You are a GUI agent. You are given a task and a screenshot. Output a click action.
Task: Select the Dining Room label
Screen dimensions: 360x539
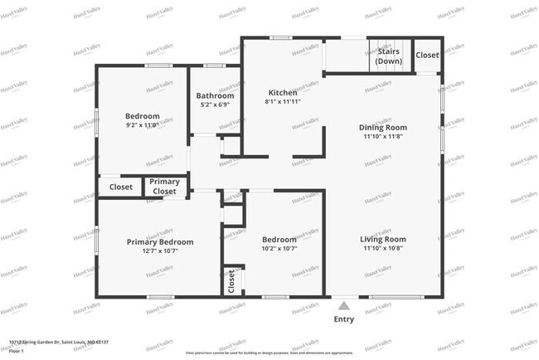click(382, 127)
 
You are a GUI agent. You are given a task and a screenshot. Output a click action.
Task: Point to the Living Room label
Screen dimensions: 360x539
click(382, 239)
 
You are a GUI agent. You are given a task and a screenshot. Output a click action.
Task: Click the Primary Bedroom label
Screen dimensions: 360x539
click(160, 241)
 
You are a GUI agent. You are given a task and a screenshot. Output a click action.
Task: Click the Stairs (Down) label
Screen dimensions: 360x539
click(388, 56)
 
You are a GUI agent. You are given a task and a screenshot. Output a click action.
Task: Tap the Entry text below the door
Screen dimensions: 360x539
click(343, 319)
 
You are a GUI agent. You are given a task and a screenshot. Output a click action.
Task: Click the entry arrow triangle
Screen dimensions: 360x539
click(343, 304)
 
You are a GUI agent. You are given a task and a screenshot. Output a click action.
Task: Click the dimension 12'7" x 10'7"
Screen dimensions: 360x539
click(160, 251)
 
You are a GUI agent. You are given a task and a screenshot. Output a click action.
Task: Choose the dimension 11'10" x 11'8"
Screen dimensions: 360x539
click(382, 137)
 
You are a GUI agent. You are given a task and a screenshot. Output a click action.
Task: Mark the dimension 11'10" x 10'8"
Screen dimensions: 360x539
click(382, 249)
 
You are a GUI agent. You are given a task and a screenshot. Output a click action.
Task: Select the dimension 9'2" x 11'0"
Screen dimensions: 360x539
click(143, 125)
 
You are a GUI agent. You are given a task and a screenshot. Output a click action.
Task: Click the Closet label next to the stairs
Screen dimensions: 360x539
click(428, 55)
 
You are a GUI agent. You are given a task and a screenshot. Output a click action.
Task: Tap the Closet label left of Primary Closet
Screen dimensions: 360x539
click(121, 187)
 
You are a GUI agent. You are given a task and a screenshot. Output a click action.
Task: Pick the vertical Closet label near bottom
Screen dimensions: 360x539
click(231, 282)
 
